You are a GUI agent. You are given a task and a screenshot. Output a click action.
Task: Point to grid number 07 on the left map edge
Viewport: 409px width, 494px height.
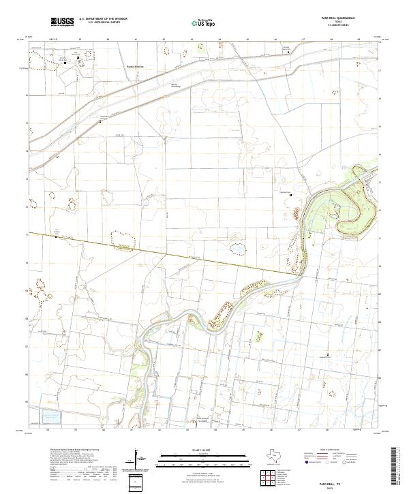[x=27, y=346]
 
